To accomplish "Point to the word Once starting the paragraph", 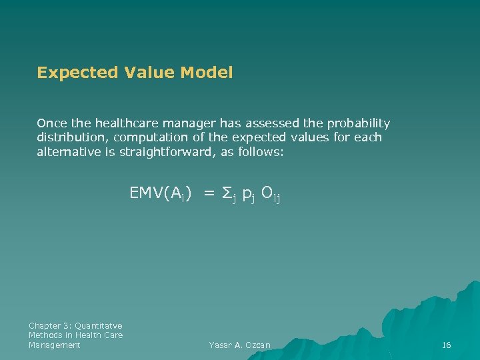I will tap(50, 123).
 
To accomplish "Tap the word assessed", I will tap(275, 123).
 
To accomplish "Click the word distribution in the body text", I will tap(72, 138).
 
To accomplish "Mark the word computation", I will tap(150, 138).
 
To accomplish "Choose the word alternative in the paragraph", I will tap(69, 152).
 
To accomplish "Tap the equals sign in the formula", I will tap(209, 193).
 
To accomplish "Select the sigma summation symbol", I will tap(227, 193).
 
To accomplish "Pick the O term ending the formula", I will tap(267, 193).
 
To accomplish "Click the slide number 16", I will tap(447, 345).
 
